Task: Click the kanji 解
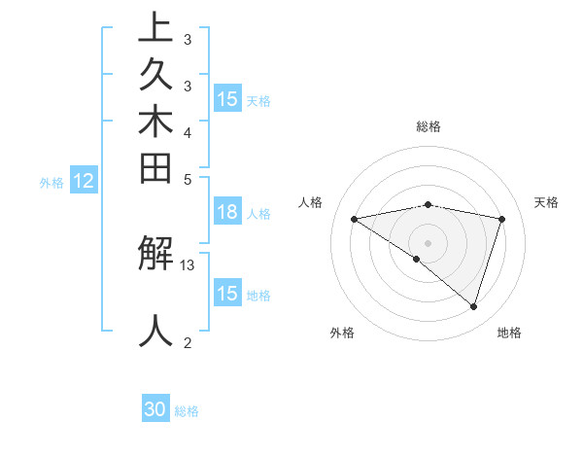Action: click(x=155, y=255)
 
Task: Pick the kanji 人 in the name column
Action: click(x=155, y=331)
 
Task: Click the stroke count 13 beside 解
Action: click(x=188, y=264)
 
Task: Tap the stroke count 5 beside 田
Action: click(x=188, y=179)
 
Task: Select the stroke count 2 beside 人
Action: click(x=188, y=342)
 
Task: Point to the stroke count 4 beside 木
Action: click(x=188, y=132)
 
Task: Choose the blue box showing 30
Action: click(x=155, y=410)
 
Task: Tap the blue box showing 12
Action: click(x=84, y=181)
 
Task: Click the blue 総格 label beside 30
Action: click(x=187, y=411)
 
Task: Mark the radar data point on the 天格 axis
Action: click(x=502, y=219)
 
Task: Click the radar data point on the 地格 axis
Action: click(x=473, y=306)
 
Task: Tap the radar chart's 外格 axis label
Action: click(x=342, y=333)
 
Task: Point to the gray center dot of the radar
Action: click(x=428, y=242)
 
